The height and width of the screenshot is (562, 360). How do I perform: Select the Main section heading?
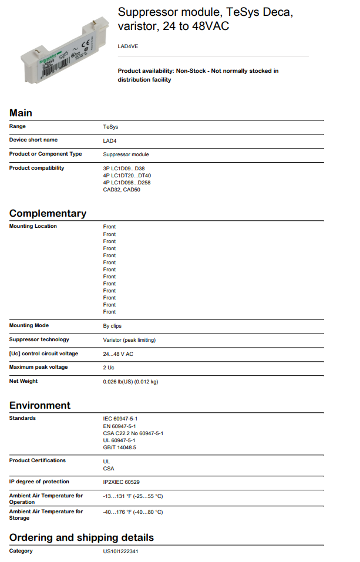21,113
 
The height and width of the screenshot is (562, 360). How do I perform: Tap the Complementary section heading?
48,213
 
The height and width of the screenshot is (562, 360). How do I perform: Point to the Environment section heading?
39,405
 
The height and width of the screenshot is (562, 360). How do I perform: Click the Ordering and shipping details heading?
82,537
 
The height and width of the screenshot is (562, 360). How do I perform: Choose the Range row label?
18,126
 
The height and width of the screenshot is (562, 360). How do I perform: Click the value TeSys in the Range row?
111,126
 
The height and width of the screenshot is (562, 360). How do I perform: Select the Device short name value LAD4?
110,140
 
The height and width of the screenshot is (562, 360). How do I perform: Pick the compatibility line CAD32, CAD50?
122,190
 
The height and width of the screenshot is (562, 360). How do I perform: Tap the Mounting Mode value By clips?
112,326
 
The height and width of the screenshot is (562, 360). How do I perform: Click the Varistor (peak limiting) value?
129,339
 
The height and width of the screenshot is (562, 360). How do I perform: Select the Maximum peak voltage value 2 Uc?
109,368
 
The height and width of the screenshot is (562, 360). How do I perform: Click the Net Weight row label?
23,381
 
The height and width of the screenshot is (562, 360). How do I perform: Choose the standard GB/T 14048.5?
119,447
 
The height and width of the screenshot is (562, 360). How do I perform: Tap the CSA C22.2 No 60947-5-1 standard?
133,433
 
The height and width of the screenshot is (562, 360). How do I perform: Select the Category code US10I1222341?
120,551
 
